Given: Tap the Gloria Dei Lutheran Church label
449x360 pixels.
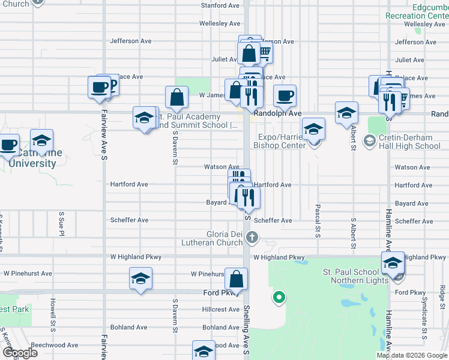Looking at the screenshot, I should tap(212, 238).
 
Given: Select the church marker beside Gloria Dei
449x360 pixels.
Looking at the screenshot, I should tap(252, 238).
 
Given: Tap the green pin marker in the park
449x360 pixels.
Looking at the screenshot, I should tap(279, 296).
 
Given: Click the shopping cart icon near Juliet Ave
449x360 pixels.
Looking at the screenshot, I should tap(264, 53).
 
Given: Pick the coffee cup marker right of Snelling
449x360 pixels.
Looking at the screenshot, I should tap(285, 95).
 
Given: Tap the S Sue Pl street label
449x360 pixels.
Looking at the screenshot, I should tap(61, 222).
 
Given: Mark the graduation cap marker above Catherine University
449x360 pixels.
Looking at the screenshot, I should tap(41, 141).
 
